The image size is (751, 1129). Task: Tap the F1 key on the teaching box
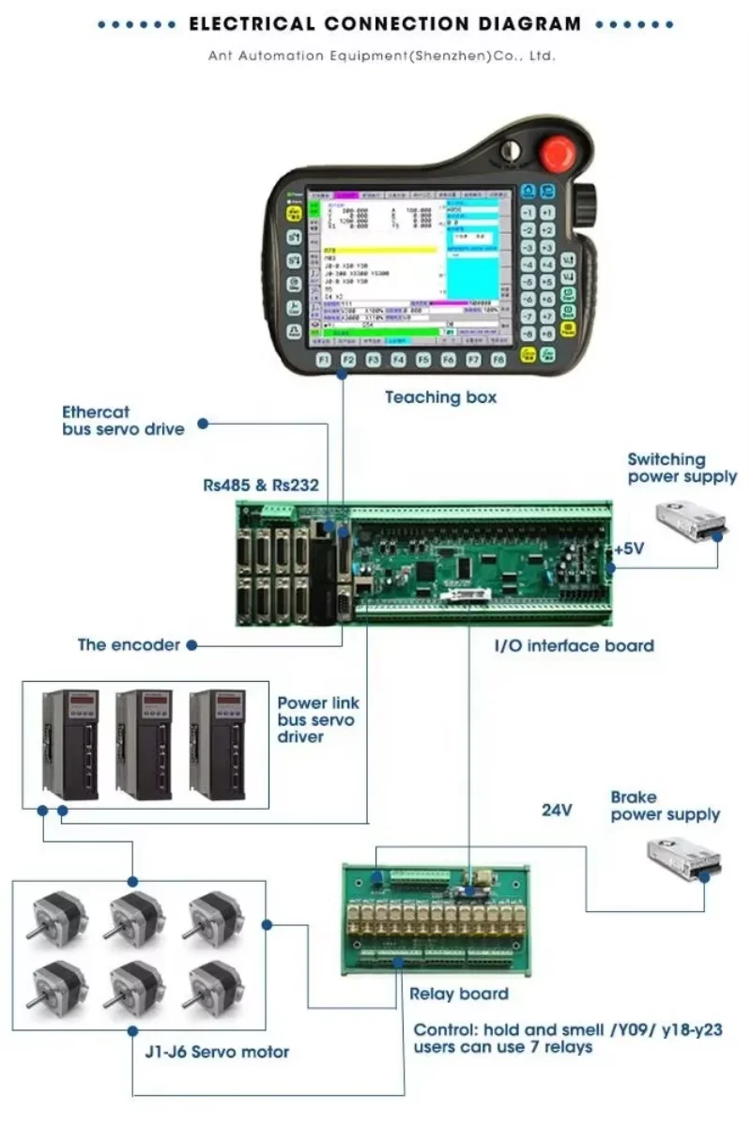(x=323, y=360)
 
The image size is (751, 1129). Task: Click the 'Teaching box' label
(x=440, y=397)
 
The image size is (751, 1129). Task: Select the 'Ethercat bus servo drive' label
(x=123, y=420)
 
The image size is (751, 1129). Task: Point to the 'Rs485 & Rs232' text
(x=261, y=486)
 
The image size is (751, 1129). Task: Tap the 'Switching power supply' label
(x=682, y=468)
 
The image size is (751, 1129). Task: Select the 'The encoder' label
(x=129, y=645)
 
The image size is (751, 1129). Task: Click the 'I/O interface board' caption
(x=574, y=645)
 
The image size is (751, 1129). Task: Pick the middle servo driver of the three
(x=144, y=744)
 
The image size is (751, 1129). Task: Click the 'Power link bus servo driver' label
(x=318, y=719)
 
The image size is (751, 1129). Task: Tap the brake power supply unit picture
(x=684, y=860)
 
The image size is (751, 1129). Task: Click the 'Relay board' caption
(x=459, y=994)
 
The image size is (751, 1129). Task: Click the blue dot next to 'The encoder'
(x=192, y=645)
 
